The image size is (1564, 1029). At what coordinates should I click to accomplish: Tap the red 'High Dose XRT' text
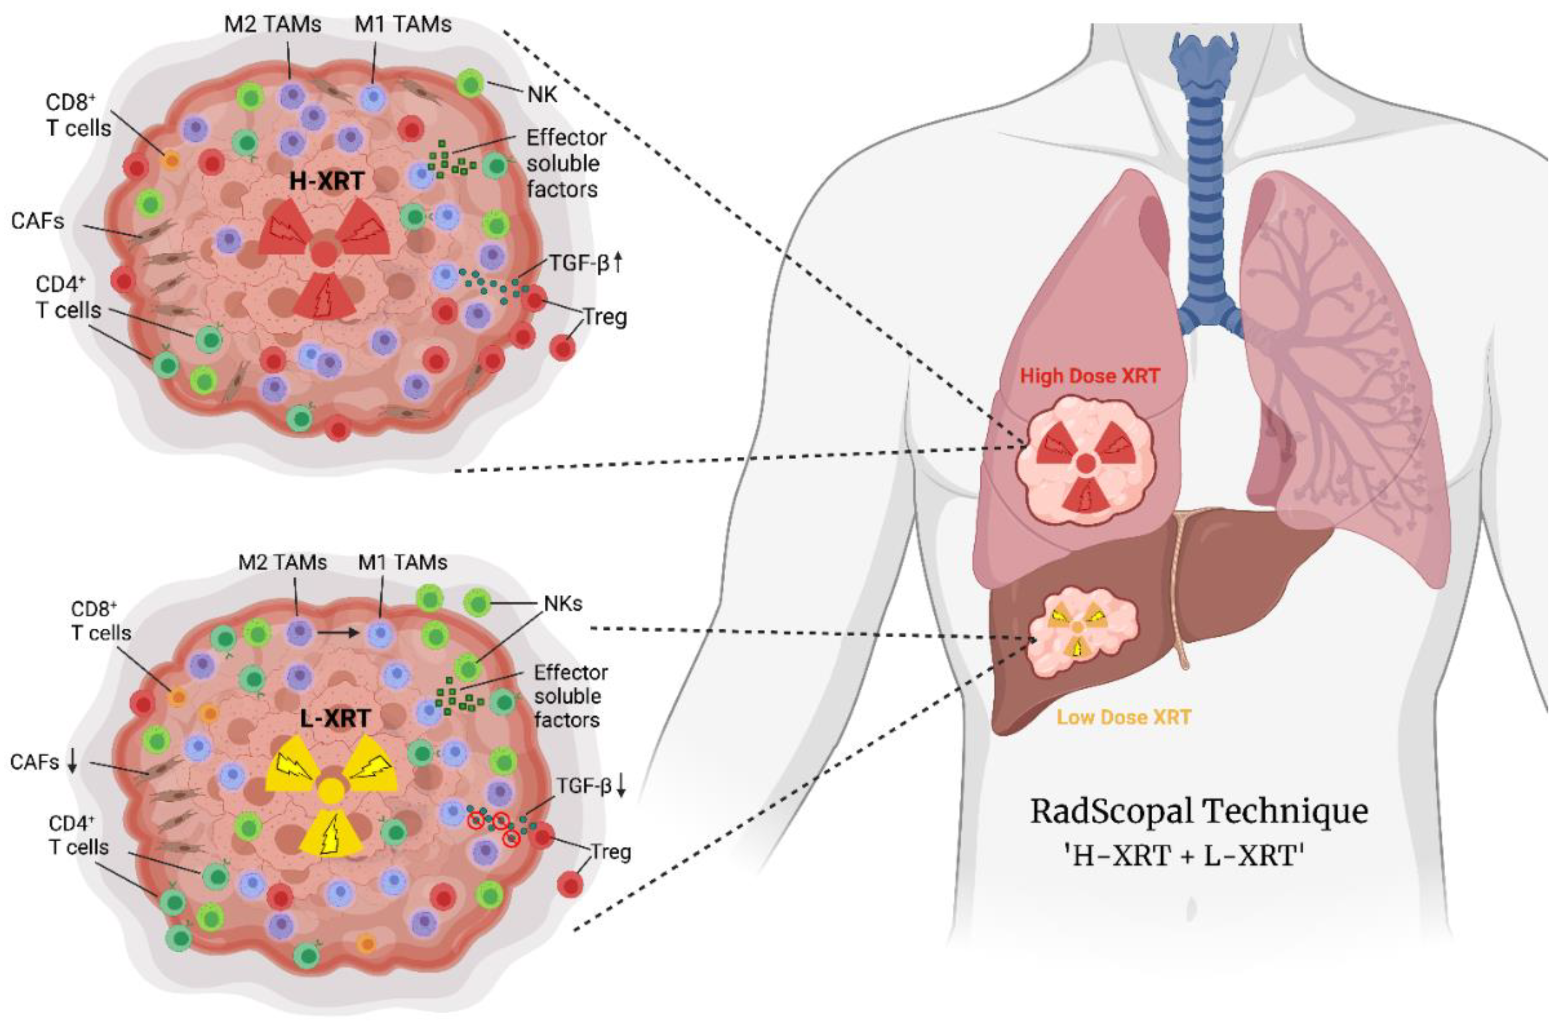coord(1090,376)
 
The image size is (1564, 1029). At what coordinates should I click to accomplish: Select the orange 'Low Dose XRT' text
coord(1124,717)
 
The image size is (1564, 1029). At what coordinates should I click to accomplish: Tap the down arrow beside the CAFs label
coord(72,762)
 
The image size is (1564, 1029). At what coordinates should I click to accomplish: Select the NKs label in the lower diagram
coord(563,603)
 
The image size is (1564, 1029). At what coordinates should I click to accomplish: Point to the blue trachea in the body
coord(1208,184)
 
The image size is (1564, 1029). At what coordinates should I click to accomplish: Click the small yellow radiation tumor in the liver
coord(1078,630)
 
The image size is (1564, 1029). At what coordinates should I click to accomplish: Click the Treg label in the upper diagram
coord(605,317)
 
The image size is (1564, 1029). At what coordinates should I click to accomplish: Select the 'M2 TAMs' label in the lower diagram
coord(283,563)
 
